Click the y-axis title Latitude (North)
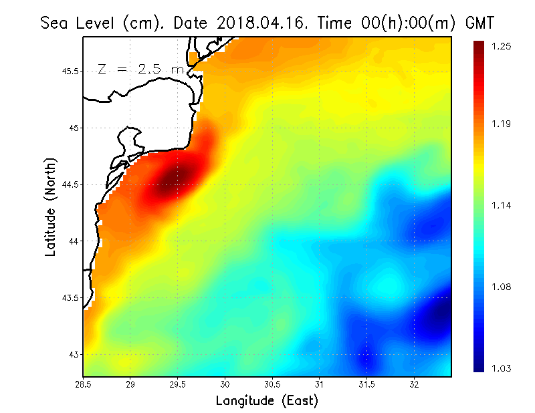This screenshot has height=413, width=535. [50, 207]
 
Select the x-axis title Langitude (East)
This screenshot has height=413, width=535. [267, 401]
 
